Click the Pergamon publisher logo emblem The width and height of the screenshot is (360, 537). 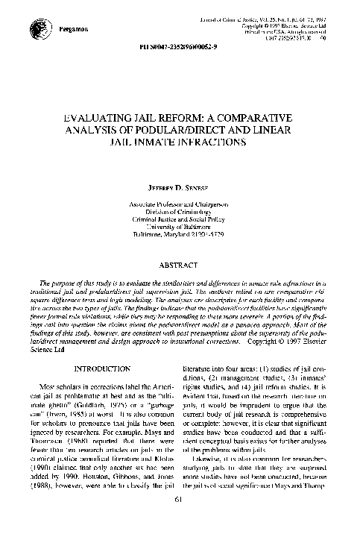(37, 28)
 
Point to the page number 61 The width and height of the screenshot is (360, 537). (180, 519)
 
